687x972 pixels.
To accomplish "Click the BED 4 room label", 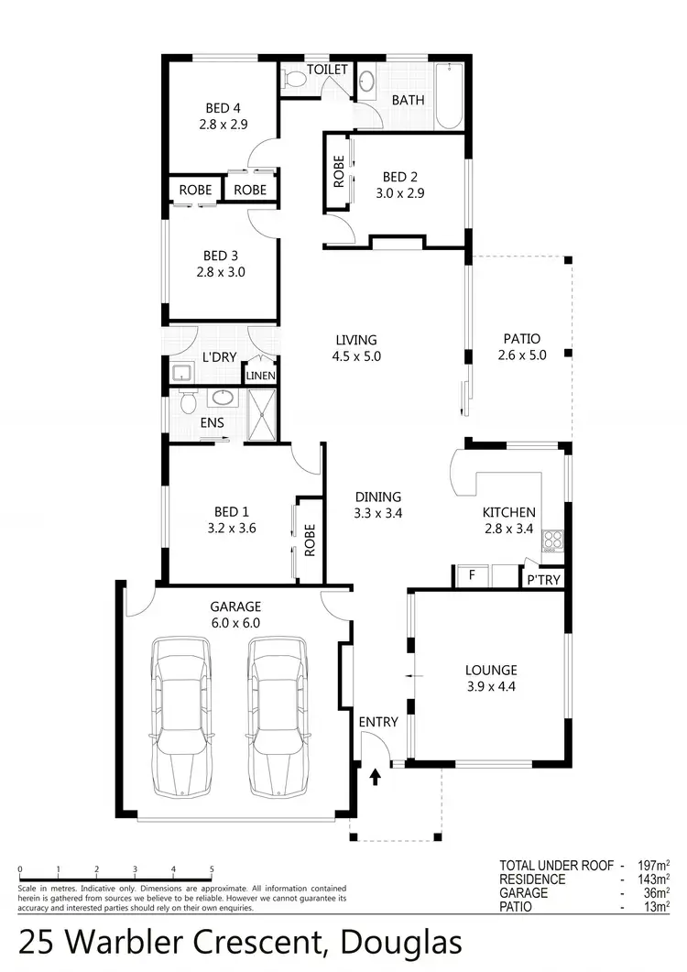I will pyautogui.click(x=219, y=108).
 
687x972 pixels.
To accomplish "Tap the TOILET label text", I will pyautogui.click(x=327, y=70).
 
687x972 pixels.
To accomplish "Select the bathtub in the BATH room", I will pyautogui.click(x=450, y=94).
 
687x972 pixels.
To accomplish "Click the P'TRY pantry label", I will pyautogui.click(x=543, y=580).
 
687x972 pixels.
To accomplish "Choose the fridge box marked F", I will pyautogui.click(x=472, y=576).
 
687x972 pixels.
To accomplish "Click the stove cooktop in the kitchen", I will pyautogui.click(x=552, y=540).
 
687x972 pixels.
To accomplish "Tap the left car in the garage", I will pyautogui.click(x=180, y=717).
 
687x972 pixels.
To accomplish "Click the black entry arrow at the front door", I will pyautogui.click(x=375, y=778).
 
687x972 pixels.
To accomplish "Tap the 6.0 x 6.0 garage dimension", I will pyautogui.click(x=235, y=623).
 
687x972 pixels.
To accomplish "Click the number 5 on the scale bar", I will pyautogui.click(x=212, y=870).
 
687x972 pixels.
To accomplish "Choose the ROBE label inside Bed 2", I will pyautogui.click(x=339, y=171).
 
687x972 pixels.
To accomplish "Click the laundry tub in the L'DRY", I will pyautogui.click(x=181, y=372).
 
